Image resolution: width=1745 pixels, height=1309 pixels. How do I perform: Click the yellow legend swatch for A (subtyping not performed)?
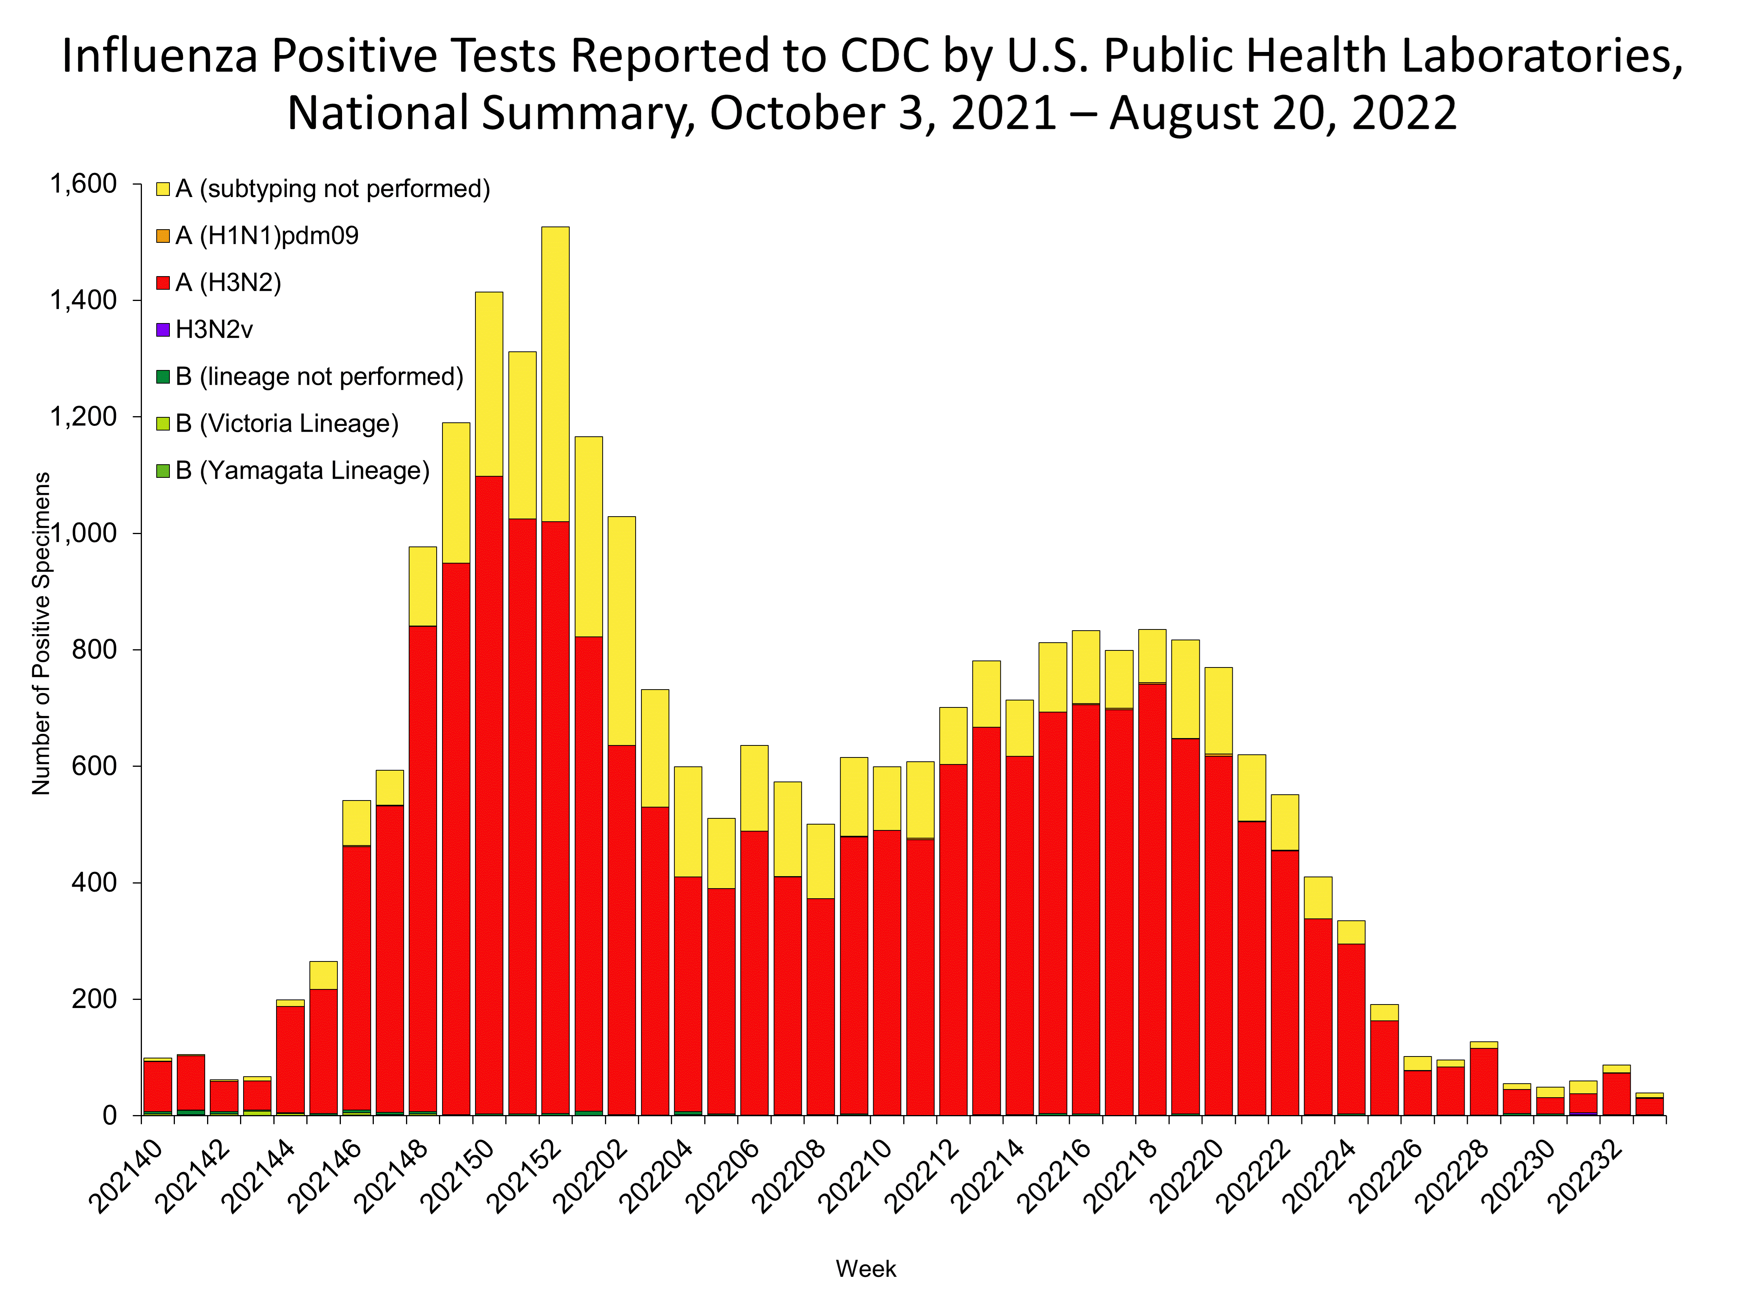point(162,189)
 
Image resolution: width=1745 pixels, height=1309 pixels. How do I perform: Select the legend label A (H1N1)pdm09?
point(267,236)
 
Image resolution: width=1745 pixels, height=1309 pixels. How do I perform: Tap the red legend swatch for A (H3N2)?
point(162,283)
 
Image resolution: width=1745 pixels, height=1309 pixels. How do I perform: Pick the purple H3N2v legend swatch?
point(162,330)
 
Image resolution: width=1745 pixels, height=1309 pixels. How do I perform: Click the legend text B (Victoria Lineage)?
point(287,424)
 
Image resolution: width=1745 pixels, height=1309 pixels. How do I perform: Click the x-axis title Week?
point(866,1269)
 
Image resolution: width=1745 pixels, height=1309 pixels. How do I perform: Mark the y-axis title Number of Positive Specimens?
point(41,634)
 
